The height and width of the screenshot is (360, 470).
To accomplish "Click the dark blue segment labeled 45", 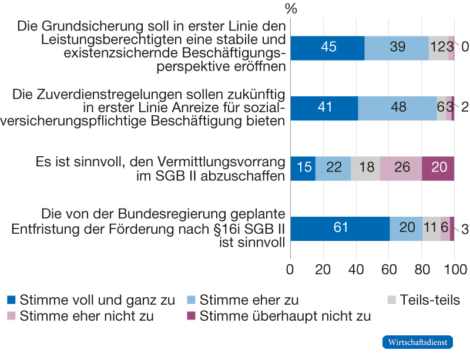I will coord(327,48).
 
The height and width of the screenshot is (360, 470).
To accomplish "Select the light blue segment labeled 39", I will coord(397,48).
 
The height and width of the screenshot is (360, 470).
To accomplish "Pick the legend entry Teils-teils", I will coord(429,300).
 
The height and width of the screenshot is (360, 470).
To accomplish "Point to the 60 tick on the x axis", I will coord(389,270).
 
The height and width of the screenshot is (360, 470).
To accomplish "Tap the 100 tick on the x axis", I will coord(455,270).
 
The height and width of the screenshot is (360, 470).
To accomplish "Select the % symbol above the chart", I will coord(291,9).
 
